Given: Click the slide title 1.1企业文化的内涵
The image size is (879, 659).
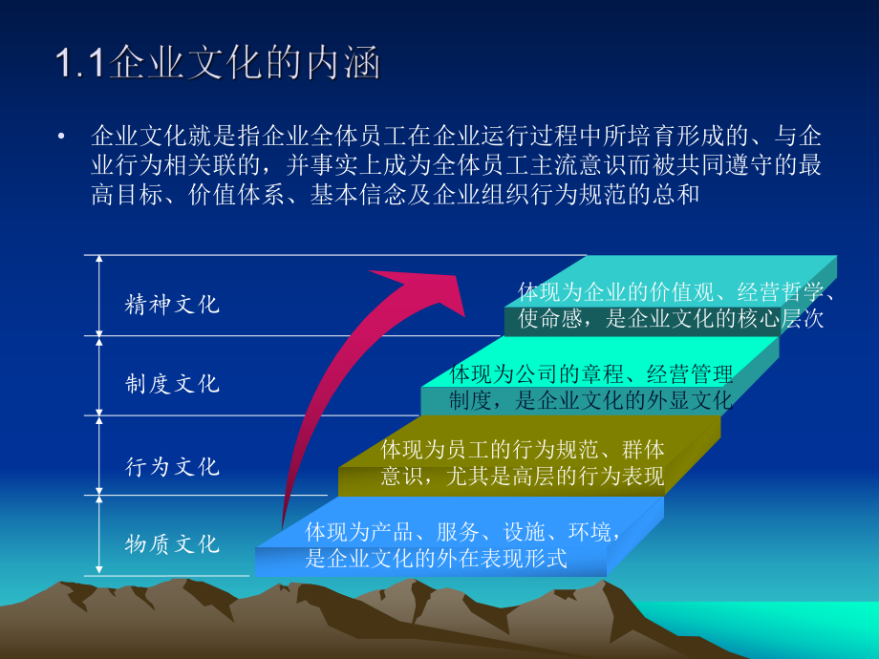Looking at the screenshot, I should (218, 64).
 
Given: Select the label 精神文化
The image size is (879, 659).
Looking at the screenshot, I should (172, 305).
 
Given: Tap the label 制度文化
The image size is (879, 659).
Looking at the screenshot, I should (172, 384).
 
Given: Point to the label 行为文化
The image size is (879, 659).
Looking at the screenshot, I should (172, 466).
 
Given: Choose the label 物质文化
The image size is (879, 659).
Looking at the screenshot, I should (172, 544).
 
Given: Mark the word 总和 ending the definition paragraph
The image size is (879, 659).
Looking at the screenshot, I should (679, 195).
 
